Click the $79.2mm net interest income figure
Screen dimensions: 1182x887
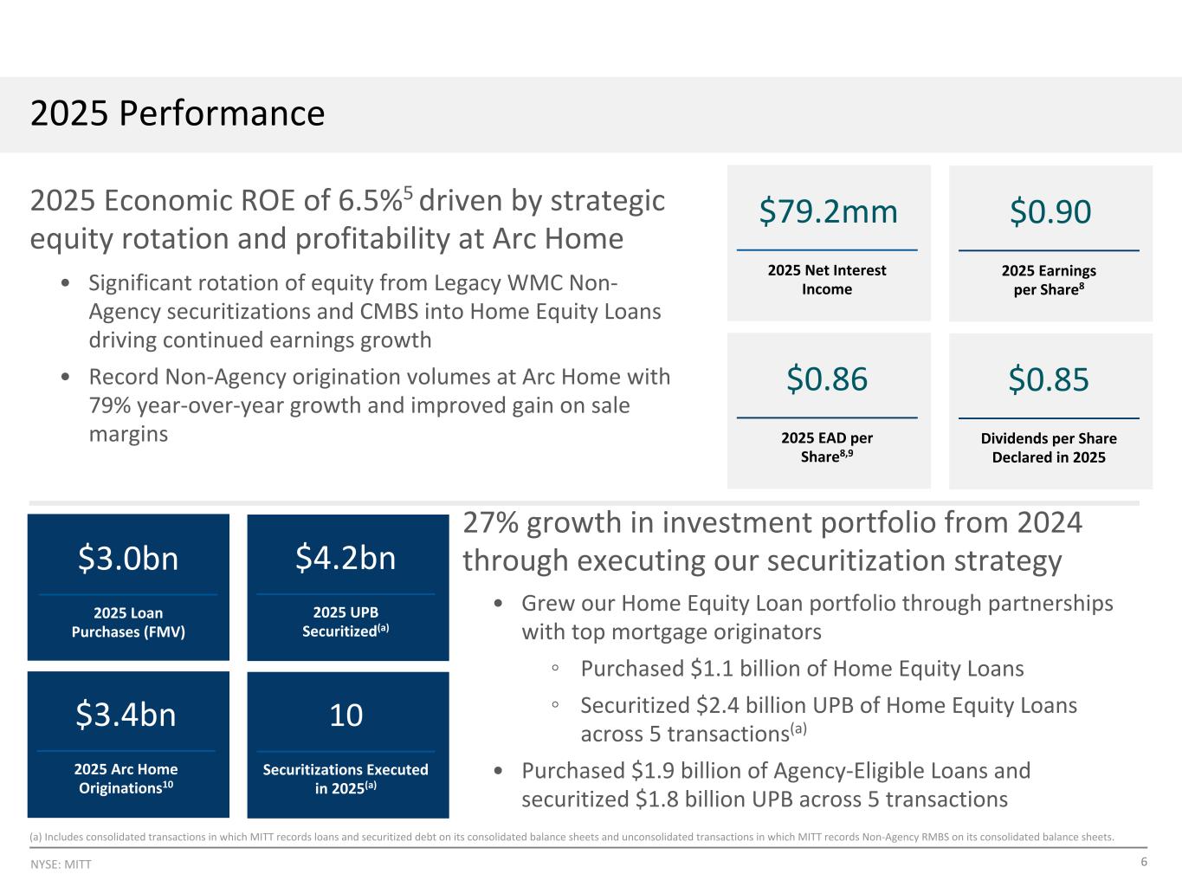tap(828, 211)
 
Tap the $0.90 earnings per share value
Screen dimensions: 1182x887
tap(1050, 211)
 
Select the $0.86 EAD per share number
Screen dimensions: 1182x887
tap(827, 379)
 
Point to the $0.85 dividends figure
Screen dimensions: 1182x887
tap(1049, 379)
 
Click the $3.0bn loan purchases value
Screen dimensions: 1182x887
tap(128, 558)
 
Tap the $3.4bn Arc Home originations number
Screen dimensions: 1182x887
tap(126, 715)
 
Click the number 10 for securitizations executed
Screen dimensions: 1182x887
tap(346, 715)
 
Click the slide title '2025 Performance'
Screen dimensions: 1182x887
tap(178, 113)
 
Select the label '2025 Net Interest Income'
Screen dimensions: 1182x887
tap(827, 280)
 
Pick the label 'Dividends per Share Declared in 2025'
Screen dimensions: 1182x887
tap(1049, 448)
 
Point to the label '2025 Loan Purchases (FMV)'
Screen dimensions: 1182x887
tap(128, 622)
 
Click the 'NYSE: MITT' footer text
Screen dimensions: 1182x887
tap(61, 864)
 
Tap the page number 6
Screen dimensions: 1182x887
tap(1144, 862)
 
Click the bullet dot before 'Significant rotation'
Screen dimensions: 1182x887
tap(65, 283)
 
